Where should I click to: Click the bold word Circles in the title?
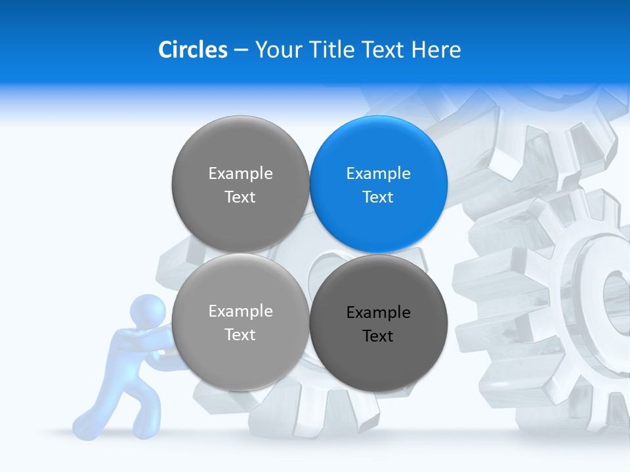[x=192, y=50]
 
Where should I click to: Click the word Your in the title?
[x=278, y=50]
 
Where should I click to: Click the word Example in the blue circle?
[x=378, y=174]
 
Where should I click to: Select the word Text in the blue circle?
[x=378, y=197]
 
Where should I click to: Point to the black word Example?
[x=378, y=313]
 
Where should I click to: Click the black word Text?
[x=378, y=336]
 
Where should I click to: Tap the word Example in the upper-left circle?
[x=240, y=174]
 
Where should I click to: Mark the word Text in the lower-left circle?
[x=240, y=335]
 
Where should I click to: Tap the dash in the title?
[x=241, y=50]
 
